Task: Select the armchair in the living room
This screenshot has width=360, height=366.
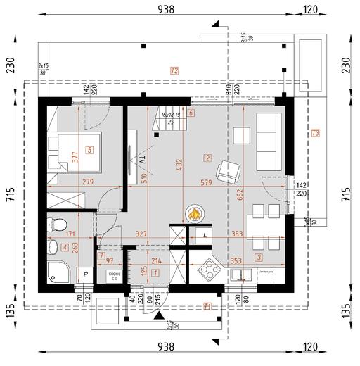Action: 228,170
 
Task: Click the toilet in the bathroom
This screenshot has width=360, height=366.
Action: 51,225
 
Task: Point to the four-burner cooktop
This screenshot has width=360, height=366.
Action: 208,267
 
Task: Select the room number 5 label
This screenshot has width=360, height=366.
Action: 89,149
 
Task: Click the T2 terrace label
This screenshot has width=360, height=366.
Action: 174,70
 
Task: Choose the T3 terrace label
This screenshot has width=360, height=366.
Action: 316,132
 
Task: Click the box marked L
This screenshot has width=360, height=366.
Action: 205,235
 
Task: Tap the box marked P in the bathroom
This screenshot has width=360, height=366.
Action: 85,272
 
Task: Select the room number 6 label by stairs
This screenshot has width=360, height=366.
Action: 191,113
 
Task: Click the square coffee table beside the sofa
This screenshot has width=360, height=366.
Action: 241,134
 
